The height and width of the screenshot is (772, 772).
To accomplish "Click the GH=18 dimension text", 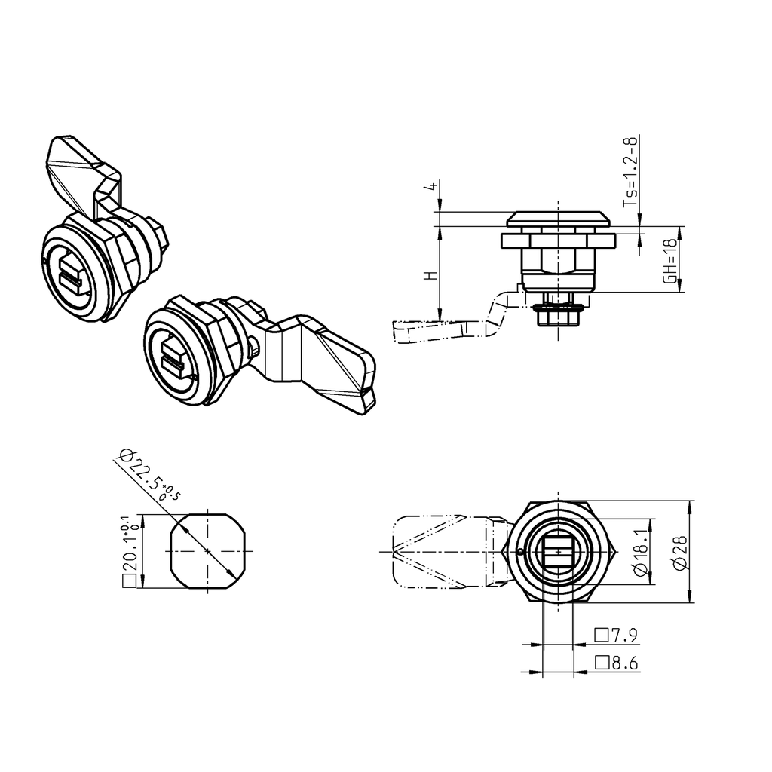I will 669,260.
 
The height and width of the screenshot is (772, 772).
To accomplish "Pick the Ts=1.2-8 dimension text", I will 630,173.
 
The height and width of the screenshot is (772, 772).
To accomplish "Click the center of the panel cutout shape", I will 207,550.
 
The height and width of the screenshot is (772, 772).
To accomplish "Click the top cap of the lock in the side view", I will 558,219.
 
